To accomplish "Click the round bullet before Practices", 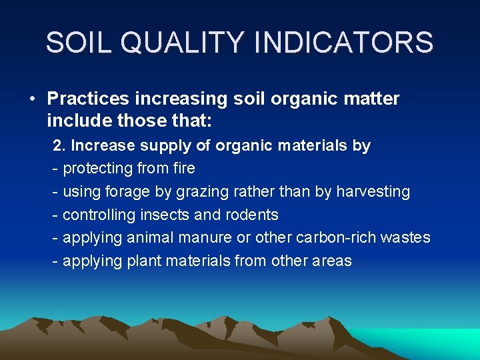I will [x=32, y=99].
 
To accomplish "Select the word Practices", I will [x=89, y=99].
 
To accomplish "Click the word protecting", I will [x=99, y=169].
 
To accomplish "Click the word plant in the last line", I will [x=137, y=261].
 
